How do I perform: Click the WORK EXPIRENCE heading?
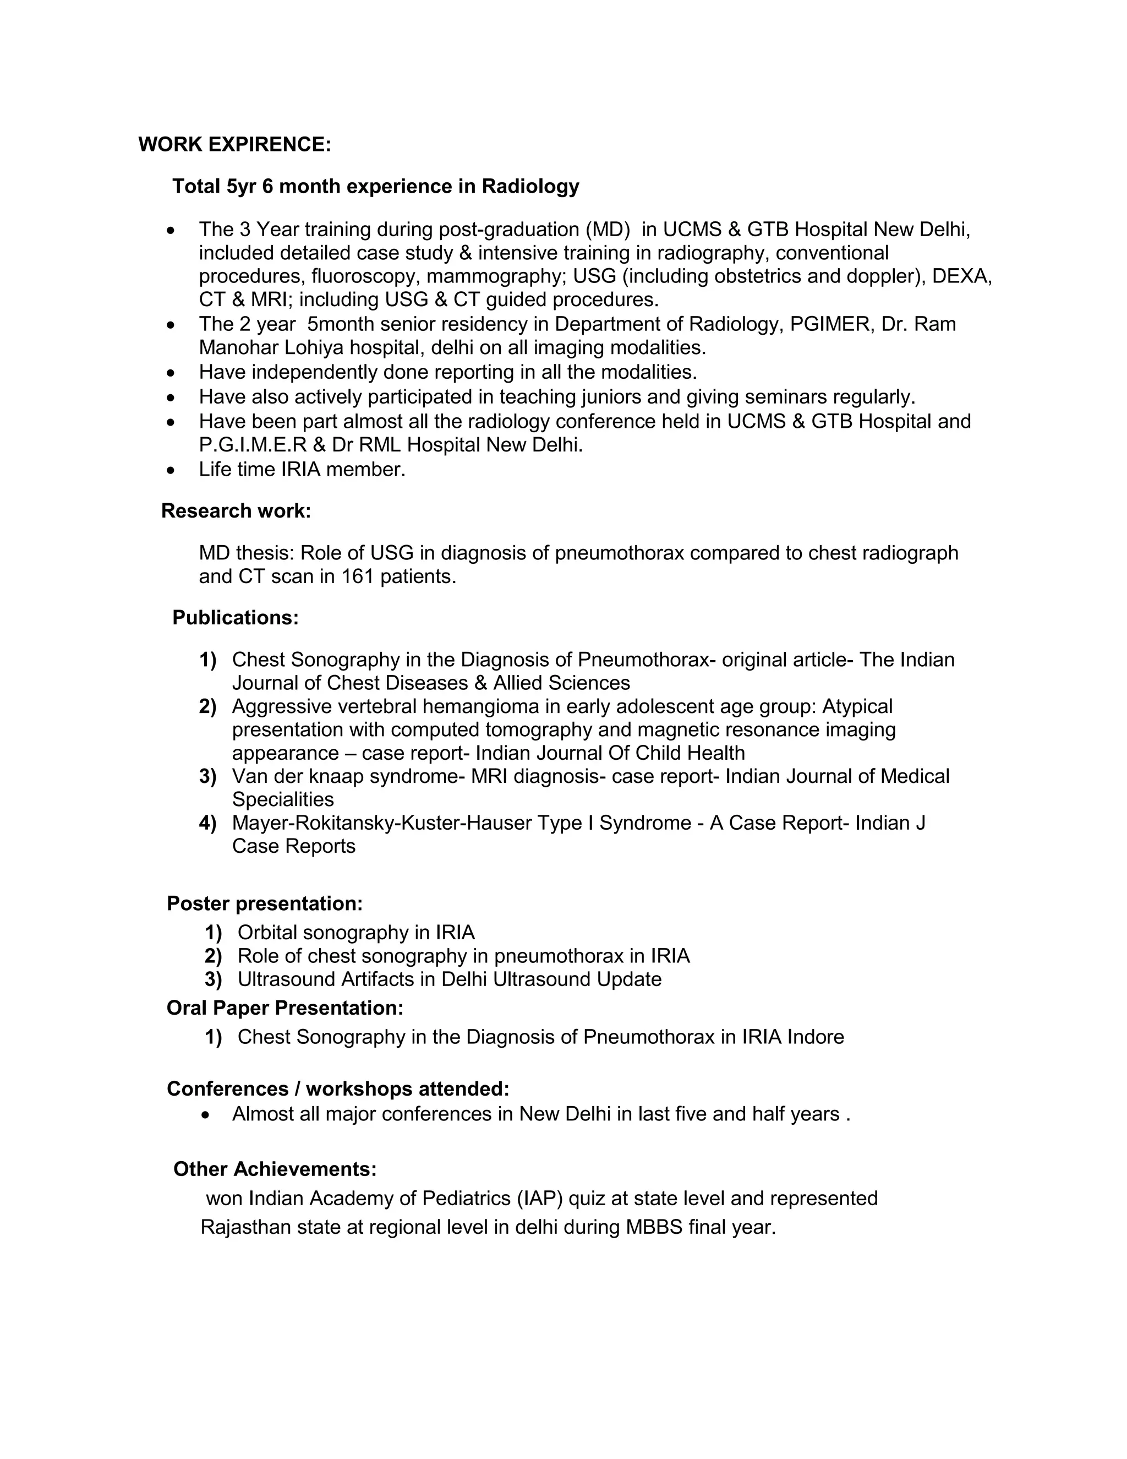[x=234, y=144]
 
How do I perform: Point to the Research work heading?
[x=236, y=510]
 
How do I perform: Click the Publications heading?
[x=235, y=617]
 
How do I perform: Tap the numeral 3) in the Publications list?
[x=207, y=776]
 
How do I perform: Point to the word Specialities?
[x=283, y=799]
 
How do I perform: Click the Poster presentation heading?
[x=264, y=903]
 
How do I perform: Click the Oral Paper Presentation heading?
[x=285, y=1008]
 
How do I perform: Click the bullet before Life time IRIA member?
[x=172, y=470]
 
